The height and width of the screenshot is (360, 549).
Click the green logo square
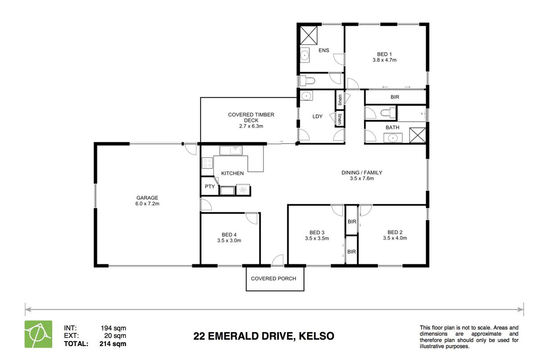38,334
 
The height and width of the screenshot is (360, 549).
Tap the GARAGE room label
147,198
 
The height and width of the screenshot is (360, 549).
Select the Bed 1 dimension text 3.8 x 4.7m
385,60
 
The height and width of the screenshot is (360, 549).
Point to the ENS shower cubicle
309,35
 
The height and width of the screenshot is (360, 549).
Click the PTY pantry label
210,187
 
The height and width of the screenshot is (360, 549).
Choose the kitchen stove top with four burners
207,163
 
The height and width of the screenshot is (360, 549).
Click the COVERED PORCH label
273,279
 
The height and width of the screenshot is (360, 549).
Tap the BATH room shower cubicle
417,135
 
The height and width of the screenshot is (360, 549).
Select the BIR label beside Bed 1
395,97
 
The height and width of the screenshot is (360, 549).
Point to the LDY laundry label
318,117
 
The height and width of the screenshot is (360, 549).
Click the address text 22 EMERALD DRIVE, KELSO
264,336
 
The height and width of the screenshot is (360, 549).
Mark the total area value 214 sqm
113,344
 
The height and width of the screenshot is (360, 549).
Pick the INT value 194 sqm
113,328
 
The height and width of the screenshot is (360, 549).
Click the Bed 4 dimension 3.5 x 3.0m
229,241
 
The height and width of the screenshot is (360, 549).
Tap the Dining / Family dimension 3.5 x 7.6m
362,179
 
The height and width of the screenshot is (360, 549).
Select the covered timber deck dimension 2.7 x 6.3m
251,126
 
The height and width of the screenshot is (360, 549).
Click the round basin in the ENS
304,55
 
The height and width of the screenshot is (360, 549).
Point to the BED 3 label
317,233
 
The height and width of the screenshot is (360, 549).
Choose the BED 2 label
395,232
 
